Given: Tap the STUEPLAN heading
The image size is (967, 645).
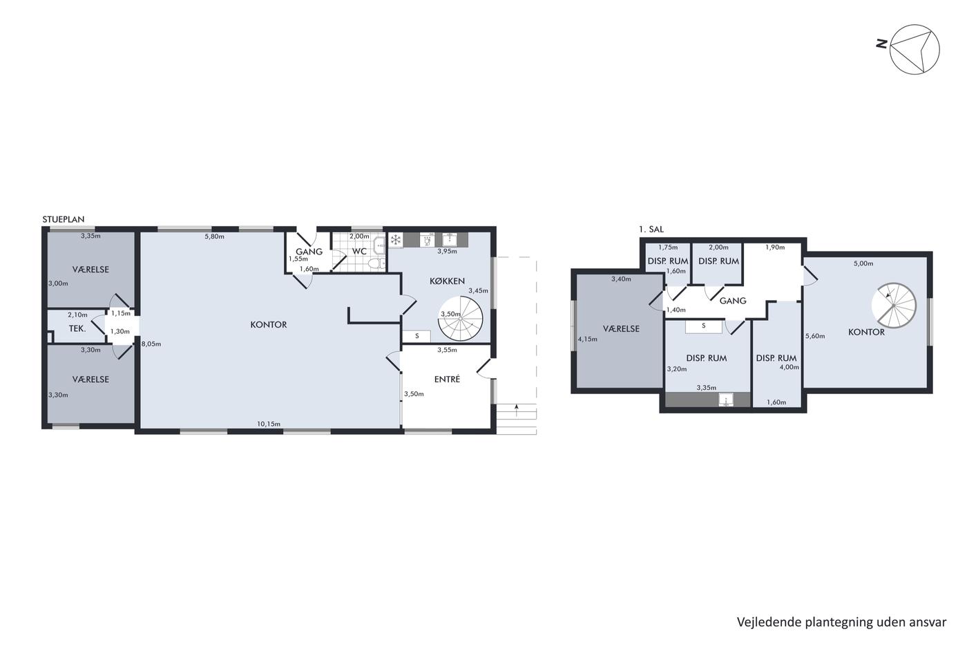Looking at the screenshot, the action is [x=64, y=219].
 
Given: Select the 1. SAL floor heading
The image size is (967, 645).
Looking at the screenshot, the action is [x=651, y=230].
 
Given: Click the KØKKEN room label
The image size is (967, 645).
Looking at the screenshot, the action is [x=448, y=281].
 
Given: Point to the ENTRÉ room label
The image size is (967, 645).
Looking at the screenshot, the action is [x=448, y=379].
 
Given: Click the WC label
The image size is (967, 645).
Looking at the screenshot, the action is [x=359, y=252].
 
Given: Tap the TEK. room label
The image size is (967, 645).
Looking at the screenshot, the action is [x=77, y=329].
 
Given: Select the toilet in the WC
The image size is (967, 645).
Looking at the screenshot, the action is [x=376, y=263].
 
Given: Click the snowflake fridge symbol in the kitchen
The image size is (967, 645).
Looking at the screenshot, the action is [x=396, y=240].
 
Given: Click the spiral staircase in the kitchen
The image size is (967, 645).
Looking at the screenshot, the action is [x=460, y=319].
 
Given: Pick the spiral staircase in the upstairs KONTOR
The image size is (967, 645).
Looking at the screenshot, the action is [x=893, y=306].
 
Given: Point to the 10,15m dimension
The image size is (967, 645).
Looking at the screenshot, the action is [x=269, y=424].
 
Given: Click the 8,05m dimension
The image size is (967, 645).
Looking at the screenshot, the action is [x=151, y=344].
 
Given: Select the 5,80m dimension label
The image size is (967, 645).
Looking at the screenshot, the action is [x=215, y=236].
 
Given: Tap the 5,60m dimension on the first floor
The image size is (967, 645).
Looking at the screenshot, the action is [x=815, y=336].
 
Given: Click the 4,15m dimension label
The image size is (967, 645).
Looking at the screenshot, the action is [x=588, y=339].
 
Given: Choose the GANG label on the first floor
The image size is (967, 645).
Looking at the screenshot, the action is [x=733, y=301].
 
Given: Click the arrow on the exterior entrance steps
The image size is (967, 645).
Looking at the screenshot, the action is [x=517, y=410].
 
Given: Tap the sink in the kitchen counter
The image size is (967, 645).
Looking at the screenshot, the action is [x=450, y=239].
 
